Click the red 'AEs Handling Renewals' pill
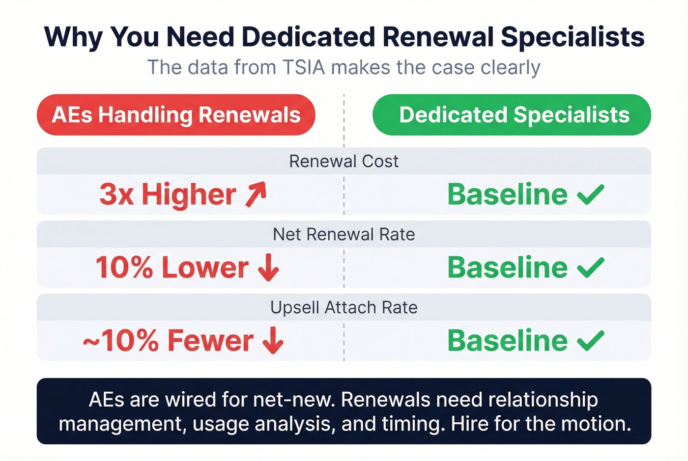tap(176, 115)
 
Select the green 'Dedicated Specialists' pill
tap(512, 115)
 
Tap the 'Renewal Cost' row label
tap(344, 161)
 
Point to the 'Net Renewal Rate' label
tap(344, 234)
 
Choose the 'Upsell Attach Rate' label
tap(344, 307)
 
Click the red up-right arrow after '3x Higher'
tap(256, 194)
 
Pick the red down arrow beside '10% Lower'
tap(268, 268)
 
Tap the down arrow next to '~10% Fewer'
tap(273, 341)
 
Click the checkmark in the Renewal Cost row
tap(590, 194)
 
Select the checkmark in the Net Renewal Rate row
tap(590, 268)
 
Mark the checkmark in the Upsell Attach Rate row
tap(590, 341)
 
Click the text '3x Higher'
tap(168, 194)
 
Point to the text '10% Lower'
tap(172, 268)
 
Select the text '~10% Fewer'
tap(168, 341)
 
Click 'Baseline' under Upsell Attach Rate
tap(507, 341)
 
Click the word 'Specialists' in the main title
tap(573, 37)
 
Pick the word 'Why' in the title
tap(73, 37)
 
